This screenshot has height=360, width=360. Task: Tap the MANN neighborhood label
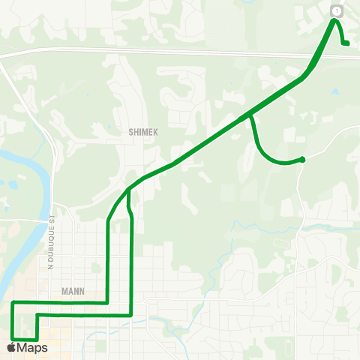[74, 291]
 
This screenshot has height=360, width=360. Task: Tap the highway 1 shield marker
[336, 10]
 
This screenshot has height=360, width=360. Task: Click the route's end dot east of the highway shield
[346, 43]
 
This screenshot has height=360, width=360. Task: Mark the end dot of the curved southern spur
[301, 159]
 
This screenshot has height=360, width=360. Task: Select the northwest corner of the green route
[13, 303]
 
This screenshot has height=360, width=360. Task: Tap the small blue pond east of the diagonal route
[334, 91]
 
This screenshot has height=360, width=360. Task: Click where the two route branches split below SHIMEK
[129, 190]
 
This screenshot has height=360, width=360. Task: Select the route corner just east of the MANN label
[108, 303]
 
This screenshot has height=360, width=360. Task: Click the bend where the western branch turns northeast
[109, 220]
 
